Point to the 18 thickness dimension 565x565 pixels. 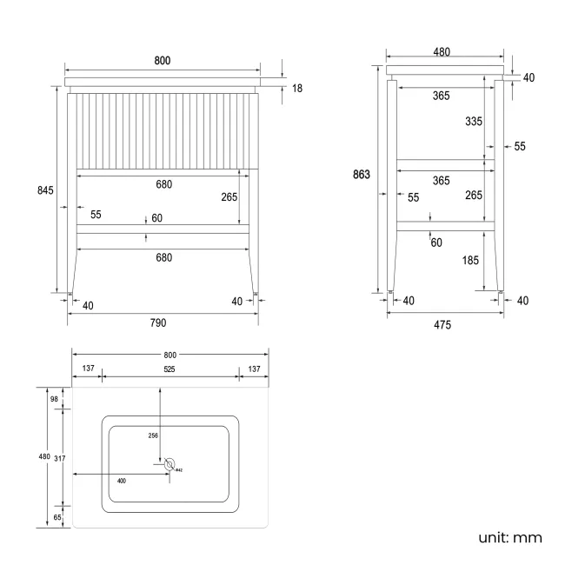click(x=296, y=88)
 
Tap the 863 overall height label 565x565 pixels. click(x=362, y=175)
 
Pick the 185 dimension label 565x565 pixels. click(x=472, y=259)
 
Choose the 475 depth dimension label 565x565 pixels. click(x=442, y=325)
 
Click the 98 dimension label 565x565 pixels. click(x=54, y=399)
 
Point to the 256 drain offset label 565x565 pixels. click(x=153, y=435)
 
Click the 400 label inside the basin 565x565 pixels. click(x=122, y=480)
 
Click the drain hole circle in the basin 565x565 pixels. click(x=169, y=465)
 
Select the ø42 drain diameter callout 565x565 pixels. click(x=178, y=470)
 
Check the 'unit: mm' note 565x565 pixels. click(x=510, y=537)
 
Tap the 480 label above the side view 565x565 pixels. click(x=442, y=52)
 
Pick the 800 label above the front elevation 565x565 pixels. click(x=163, y=60)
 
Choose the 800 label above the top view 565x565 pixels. click(x=169, y=355)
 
